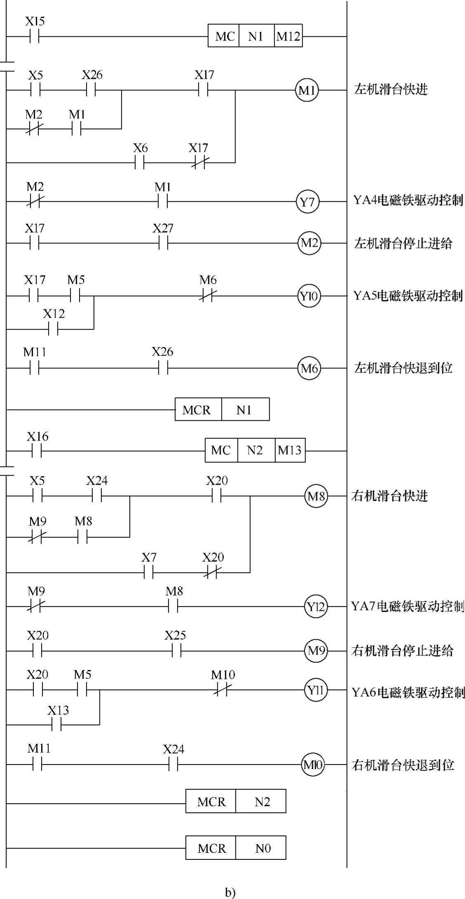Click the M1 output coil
[307, 90]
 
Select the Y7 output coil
[307, 202]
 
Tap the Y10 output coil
[309, 296]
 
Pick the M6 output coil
[309, 368]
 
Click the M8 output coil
[316, 496]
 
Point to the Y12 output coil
[316, 607]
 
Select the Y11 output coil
[316, 690]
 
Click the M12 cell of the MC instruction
[288, 36]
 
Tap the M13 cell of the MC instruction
[290, 450]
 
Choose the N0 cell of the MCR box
[263, 848]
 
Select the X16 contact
[37, 451]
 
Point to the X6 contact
[140, 163]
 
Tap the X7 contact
[148, 572]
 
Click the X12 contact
[54, 329]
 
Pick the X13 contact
[57, 725]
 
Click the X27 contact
[163, 243]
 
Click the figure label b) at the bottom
[230, 892]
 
